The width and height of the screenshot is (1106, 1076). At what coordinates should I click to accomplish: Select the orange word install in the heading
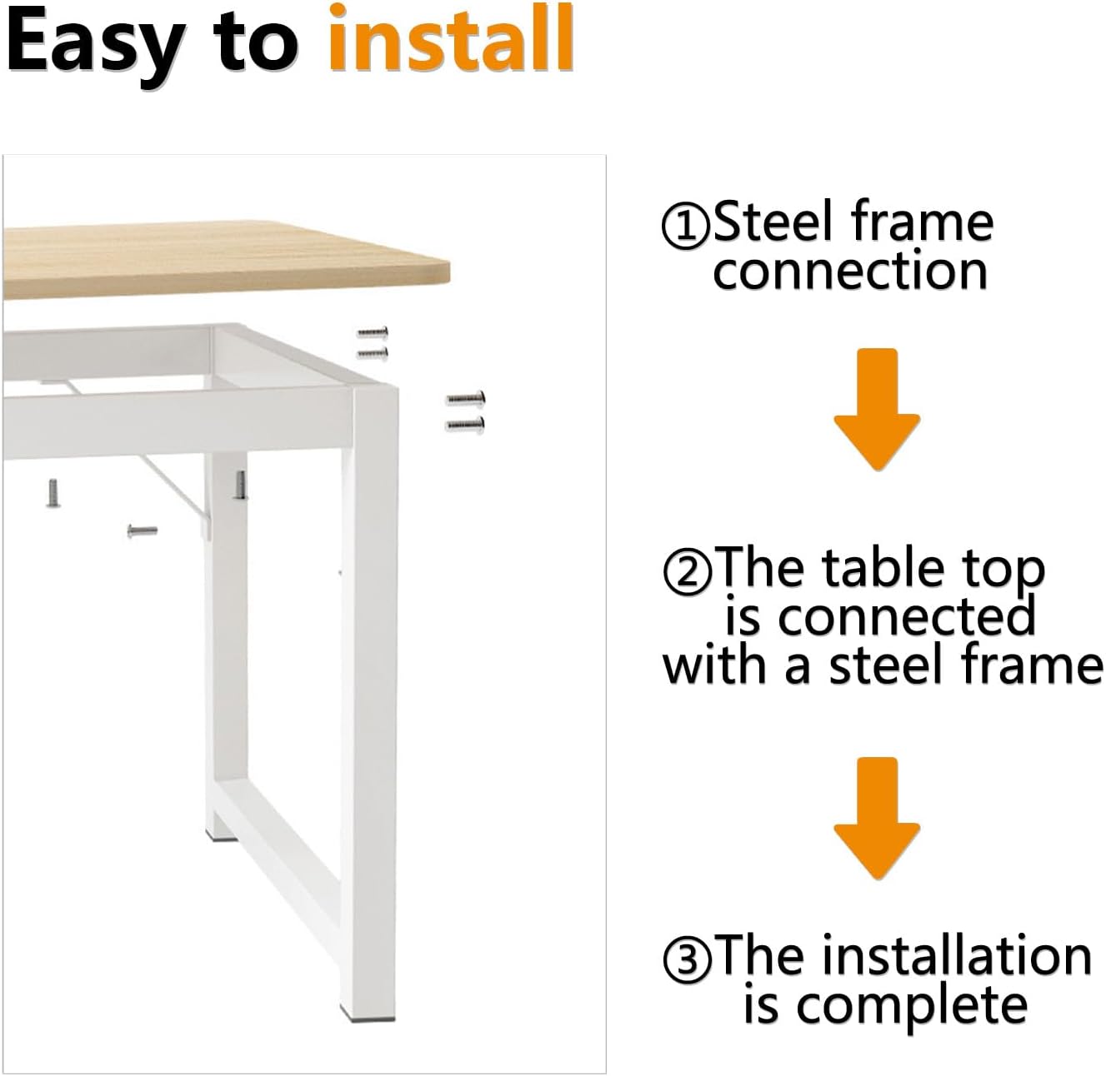(451, 37)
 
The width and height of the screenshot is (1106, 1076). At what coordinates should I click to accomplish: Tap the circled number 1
(686, 227)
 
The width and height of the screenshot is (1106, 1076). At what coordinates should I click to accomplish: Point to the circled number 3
(687, 960)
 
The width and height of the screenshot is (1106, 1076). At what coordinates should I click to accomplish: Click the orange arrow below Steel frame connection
(877, 410)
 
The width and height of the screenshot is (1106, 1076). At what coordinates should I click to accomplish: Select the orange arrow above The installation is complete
(877, 818)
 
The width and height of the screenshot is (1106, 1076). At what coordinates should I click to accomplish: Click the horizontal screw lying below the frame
(142, 531)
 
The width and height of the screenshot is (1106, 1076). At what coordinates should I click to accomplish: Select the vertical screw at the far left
(53, 493)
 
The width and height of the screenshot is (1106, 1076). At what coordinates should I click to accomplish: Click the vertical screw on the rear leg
(240, 485)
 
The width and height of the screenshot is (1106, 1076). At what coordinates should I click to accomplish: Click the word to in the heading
(256, 47)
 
